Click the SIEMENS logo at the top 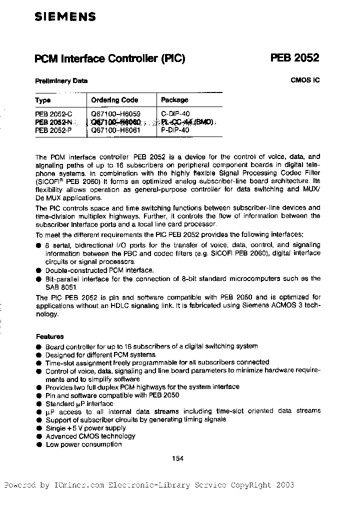[x=65, y=17]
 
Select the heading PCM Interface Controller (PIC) [x=109, y=58]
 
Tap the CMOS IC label [x=305, y=79]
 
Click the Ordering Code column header [x=114, y=100]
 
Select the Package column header [x=174, y=100]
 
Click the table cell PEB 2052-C [x=54, y=114]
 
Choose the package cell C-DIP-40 [x=175, y=114]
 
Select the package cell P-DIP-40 [x=175, y=130]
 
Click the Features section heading [x=49, y=336]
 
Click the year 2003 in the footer [x=284, y=485]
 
